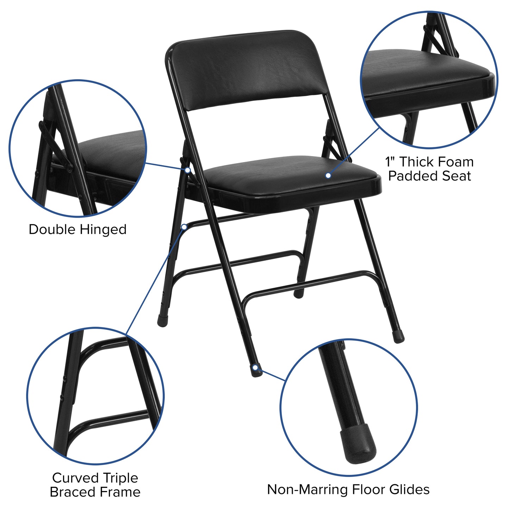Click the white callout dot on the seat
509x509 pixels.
click(328, 175)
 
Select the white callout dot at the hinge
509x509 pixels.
click(188, 170)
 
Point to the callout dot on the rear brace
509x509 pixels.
click(184, 227)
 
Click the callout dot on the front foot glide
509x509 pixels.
click(255, 368)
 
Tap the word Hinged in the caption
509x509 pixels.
click(103, 230)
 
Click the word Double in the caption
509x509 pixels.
click(52, 229)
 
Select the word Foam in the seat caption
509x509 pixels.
click(457, 162)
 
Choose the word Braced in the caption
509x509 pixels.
click(72, 492)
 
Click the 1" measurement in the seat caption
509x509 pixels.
click(390, 162)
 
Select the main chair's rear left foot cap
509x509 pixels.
click(162, 321)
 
